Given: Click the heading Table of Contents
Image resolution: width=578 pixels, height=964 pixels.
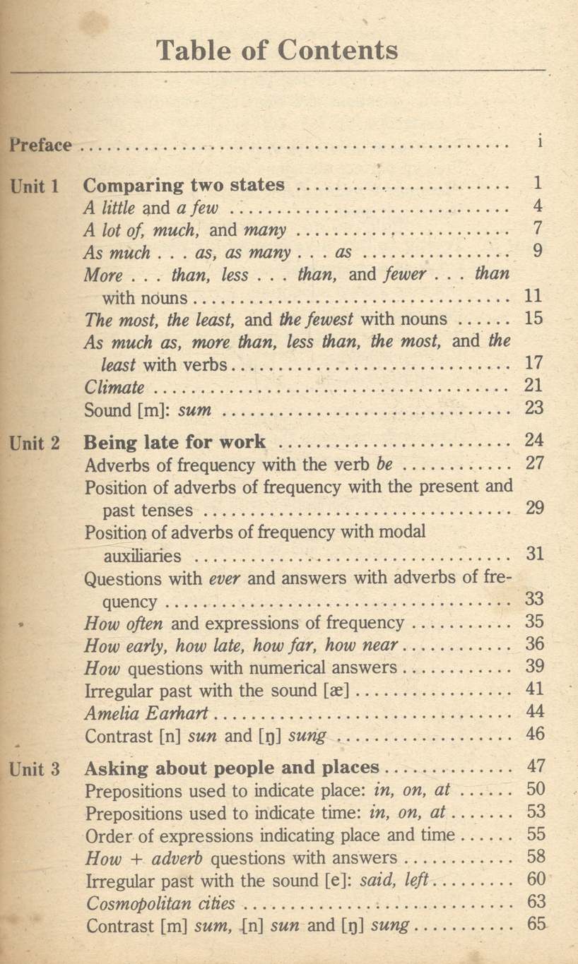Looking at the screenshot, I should point(277,51).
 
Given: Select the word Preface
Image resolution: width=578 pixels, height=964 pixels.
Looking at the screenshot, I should point(41,146).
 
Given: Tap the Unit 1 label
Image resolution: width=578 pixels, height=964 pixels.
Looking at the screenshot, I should point(35,186).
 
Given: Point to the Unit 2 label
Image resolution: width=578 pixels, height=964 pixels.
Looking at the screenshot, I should point(35,444).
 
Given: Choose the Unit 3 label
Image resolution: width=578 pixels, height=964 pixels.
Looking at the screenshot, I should point(35,768).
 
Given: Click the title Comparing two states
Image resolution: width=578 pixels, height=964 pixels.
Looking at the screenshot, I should point(184,186).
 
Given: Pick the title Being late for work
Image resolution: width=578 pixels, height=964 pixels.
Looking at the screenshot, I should point(175,443).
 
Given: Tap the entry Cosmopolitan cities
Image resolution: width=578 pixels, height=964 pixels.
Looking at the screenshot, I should point(160,905).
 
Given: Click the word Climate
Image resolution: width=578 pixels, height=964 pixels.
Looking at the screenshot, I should point(114,388).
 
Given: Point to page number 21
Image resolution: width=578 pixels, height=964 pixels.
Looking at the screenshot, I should point(535,386).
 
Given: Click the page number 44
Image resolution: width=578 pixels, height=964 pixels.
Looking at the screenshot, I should point(536,713).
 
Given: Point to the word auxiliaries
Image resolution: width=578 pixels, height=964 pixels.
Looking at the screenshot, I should point(141,556).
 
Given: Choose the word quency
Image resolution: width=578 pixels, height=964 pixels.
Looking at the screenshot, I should point(129,602).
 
